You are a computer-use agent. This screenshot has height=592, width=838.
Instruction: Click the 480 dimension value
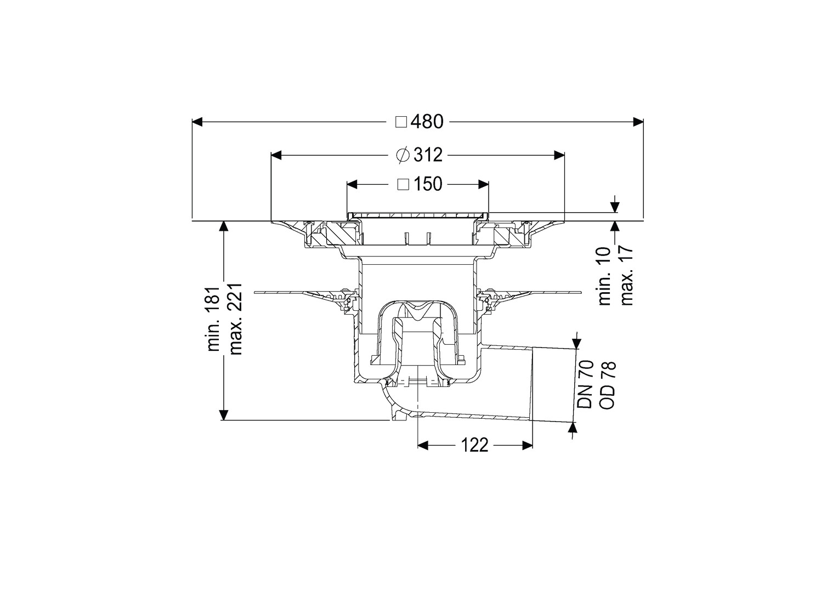pyautogui.click(x=427, y=122)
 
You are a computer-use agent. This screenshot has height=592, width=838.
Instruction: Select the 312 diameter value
pyautogui.click(x=428, y=155)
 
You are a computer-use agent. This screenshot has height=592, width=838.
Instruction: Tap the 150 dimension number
pyautogui.click(x=428, y=184)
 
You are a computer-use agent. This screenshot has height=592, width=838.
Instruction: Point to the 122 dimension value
pyautogui.click(x=474, y=445)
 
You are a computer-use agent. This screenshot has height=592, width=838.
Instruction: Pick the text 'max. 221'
pyautogui.click(x=236, y=318)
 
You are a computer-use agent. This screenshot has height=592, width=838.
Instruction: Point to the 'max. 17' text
pyautogui.click(x=626, y=276)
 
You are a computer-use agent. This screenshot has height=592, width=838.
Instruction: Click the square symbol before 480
pyautogui.click(x=401, y=122)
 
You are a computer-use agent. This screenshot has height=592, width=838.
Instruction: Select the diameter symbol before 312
pyautogui.click(x=403, y=155)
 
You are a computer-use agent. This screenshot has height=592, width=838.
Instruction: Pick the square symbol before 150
pyautogui.click(x=403, y=184)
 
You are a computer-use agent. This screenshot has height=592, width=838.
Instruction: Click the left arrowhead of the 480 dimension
pyautogui.click(x=197, y=122)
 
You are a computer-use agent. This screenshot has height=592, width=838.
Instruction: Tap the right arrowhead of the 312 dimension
pyautogui.click(x=559, y=155)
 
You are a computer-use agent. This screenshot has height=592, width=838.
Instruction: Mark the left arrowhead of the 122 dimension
pyautogui.click(x=423, y=445)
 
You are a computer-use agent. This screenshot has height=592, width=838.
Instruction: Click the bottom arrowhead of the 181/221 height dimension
pyautogui.click(x=224, y=415)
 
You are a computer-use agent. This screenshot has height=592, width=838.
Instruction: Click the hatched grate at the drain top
pyautogui.click(x=418, y=216)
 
